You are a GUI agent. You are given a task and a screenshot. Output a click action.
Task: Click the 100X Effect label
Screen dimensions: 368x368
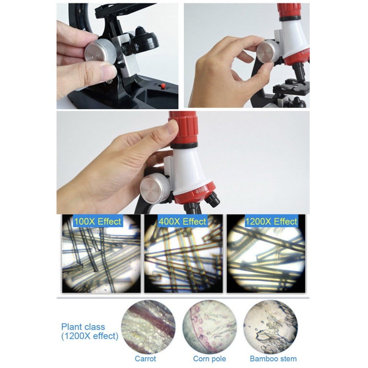coord(97,221)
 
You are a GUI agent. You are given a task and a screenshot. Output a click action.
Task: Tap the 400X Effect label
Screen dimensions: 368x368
coord(182,221)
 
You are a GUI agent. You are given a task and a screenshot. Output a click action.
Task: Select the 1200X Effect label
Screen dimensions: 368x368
coord(271,221)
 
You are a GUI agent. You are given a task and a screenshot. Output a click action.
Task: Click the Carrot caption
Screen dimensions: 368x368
coord(145,359)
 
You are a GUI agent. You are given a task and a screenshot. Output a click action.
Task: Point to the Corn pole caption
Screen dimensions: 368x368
coord(210,359)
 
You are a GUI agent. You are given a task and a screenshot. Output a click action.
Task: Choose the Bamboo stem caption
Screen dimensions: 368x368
coord(273,359)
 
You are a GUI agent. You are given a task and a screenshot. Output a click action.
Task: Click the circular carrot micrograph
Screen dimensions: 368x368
coord(148,327)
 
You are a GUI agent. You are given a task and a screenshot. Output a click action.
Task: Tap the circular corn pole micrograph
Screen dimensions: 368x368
coord(210,327)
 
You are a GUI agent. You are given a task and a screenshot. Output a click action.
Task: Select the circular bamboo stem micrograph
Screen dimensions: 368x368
coord(271,327)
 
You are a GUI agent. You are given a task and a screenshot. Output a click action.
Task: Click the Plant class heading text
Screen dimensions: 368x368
coord(83,327)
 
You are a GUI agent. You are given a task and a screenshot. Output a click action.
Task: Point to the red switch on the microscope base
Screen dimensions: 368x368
coord(162,86)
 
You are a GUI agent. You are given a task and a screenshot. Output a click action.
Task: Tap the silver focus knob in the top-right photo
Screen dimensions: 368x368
coord(268,52)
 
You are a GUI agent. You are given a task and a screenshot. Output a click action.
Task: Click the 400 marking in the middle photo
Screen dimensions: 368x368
coord(200,190)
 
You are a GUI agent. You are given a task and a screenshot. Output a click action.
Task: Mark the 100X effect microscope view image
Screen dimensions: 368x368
coord(101,253)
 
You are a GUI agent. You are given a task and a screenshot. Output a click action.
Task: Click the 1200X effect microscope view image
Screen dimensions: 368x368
coord(266,253)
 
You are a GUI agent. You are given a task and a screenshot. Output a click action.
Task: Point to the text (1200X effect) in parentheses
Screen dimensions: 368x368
coord(89,336)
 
